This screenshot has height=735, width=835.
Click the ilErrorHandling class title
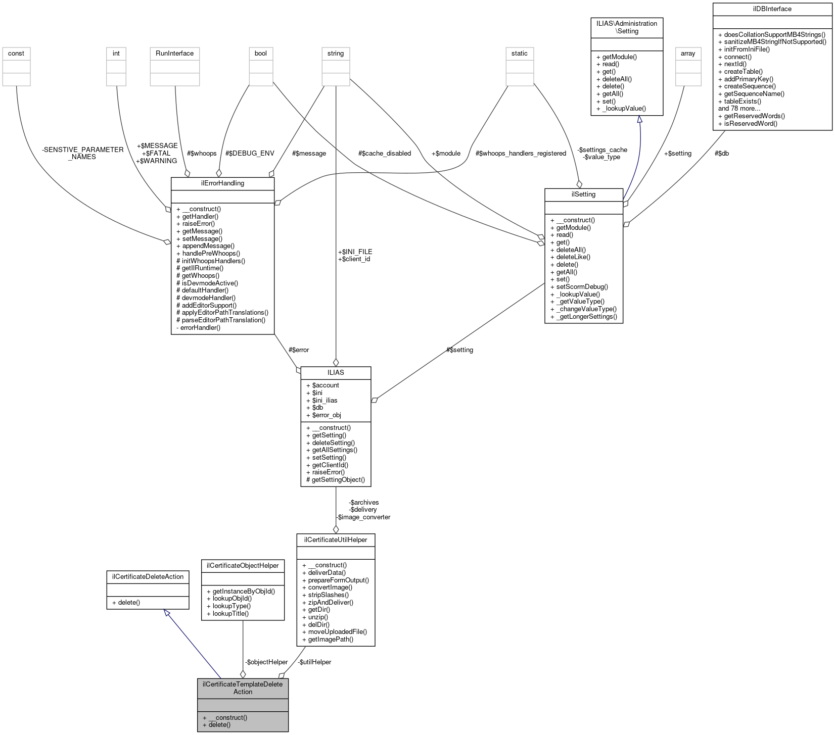click(222, 183)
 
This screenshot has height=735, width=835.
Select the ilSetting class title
click(583, 194)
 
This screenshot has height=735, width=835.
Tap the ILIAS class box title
click(336, 373)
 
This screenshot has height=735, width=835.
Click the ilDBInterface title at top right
click(772, 9)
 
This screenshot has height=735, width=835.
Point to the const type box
click(16, 54)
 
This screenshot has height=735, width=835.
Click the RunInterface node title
click(174, 54)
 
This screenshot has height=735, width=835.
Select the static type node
click(519, 54)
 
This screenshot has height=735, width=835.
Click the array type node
click(688, 54)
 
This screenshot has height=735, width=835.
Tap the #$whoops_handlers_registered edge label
click(521, 154)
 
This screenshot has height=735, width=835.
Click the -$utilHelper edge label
click(314, 662)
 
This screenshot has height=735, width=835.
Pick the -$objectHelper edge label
click(266, 662)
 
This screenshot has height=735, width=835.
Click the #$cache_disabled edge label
click(384, 154)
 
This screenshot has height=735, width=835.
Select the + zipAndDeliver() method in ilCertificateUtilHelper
click(328, 602)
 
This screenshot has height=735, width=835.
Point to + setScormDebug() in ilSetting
click(579, 286)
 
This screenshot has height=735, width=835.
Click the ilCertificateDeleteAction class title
click(148, 577)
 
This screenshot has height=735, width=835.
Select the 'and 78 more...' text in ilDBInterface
click(739, 109)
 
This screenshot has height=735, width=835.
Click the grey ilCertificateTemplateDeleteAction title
click(243, 688)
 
